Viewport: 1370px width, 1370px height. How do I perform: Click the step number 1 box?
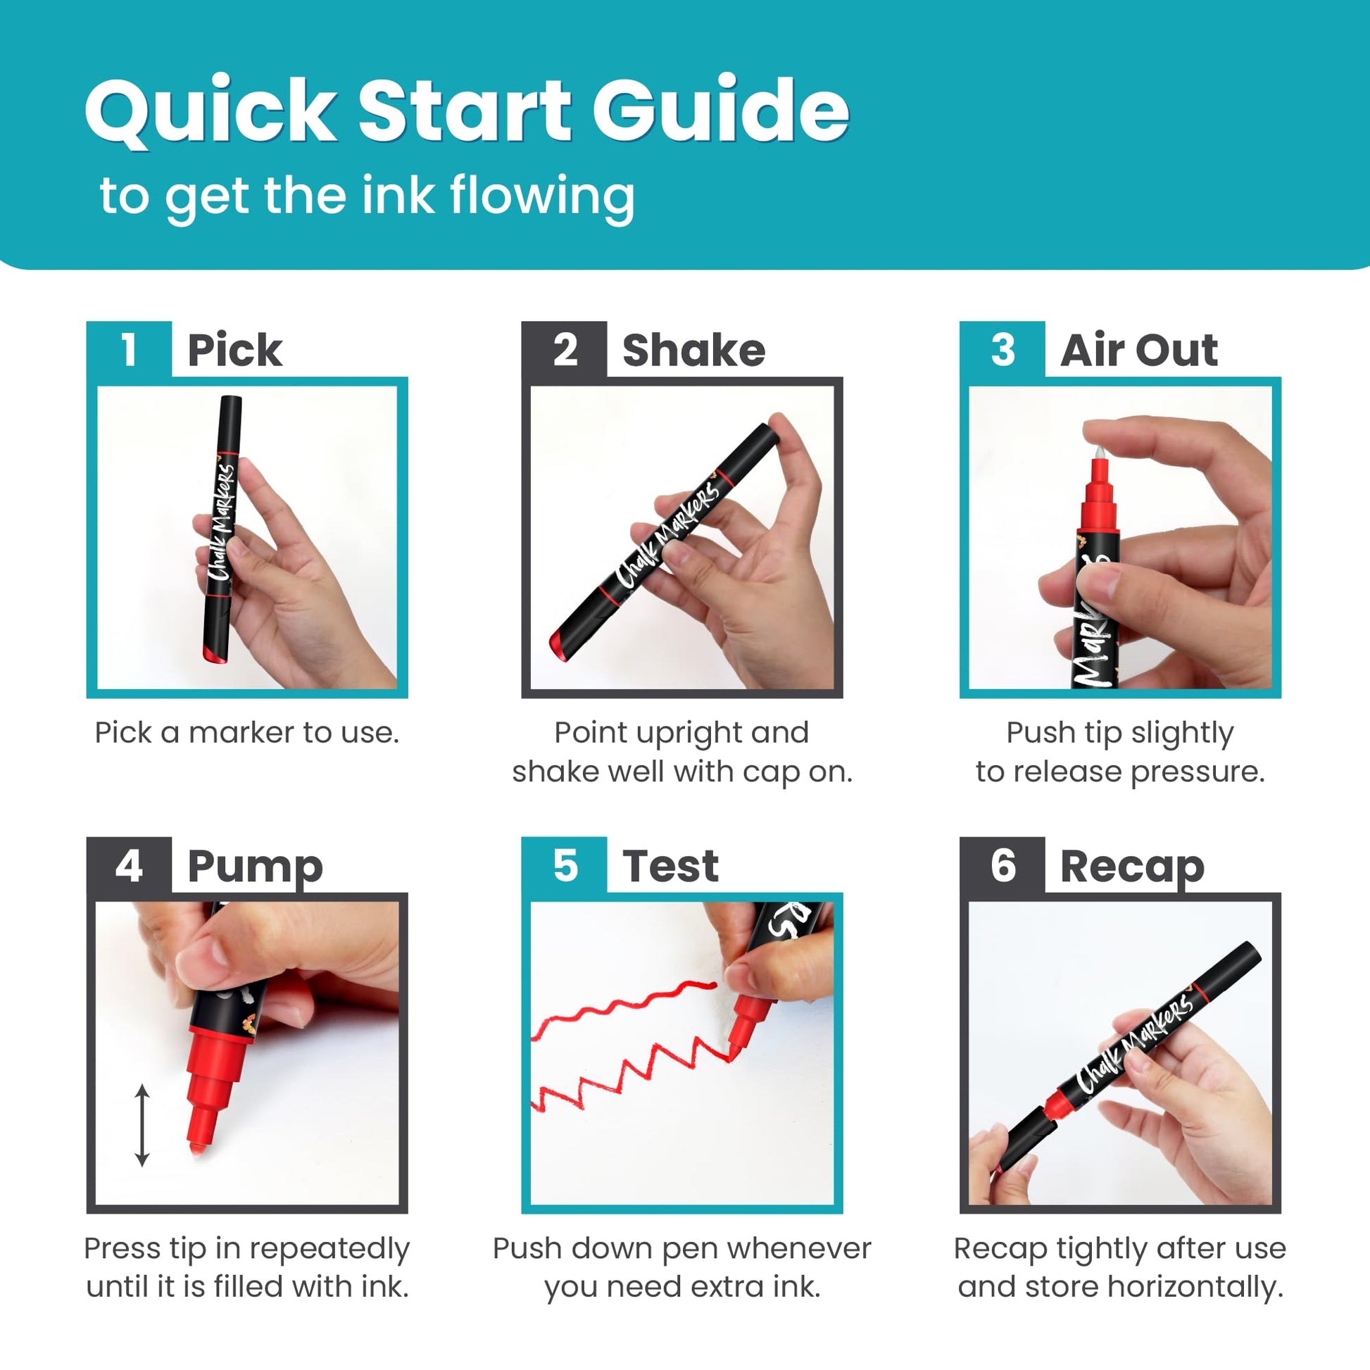coord(128,350)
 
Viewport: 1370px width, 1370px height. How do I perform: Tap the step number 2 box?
coord(565,350)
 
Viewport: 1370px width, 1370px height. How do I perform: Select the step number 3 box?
coord(1002,350)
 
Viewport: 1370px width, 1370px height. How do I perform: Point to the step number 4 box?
coord(128,865)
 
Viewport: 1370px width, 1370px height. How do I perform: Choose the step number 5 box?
coord(565,865)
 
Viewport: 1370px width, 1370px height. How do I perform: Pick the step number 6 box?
coord(1002,865)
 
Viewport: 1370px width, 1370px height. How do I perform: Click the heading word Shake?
coord(693,350)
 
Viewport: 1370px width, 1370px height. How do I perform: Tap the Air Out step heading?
coord(1139,350)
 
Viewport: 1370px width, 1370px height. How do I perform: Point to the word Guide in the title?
coord(721,109)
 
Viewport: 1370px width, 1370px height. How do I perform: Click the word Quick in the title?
coord(210,111)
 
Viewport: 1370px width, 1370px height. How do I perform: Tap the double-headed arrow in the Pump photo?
coord(142,1125)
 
